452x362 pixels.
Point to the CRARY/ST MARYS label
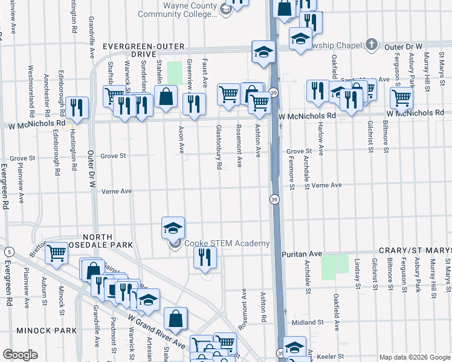point(415,250)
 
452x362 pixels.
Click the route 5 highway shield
point(8,252)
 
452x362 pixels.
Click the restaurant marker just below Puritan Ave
point(205,256)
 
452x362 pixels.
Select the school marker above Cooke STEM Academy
point(173,227)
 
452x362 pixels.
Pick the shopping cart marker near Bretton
point(57,253)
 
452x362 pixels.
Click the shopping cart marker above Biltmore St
point(401,97)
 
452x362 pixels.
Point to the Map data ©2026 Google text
point(414,357)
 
